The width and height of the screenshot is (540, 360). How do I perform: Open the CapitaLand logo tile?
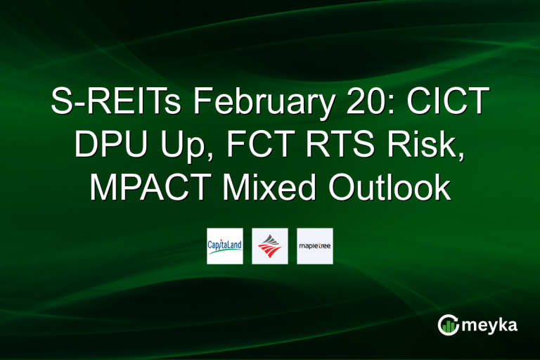(x=225, y=246)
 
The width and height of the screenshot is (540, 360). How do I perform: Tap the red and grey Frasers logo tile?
(x=270, y=246)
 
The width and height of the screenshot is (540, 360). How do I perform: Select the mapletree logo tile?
(x=315, y=246)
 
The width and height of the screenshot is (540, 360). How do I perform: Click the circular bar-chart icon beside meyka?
(x=449, y=324)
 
